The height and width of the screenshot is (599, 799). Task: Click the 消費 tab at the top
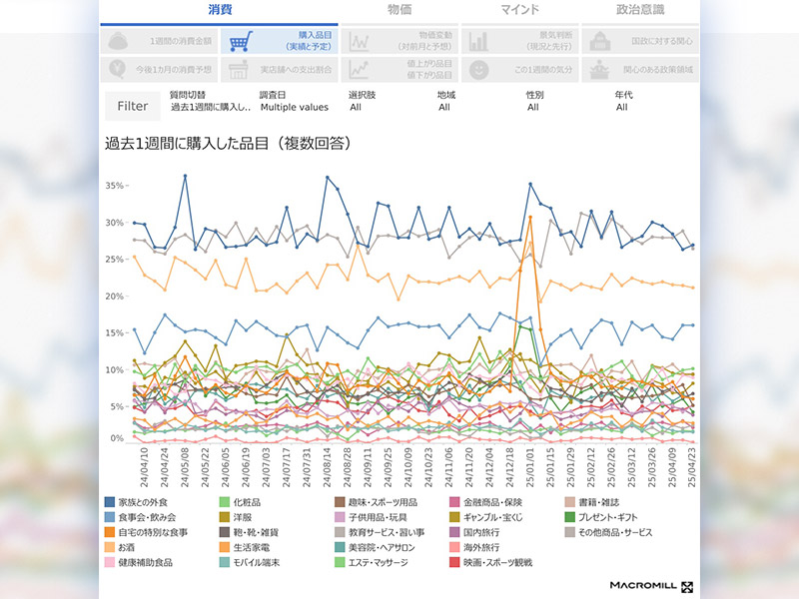pos(220,10)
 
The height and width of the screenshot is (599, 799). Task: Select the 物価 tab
pos(399,10)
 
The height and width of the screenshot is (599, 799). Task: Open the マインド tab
pos(520,10)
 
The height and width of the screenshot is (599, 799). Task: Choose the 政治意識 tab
pos(640,10)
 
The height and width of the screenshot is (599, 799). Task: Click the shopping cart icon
pos(237,42)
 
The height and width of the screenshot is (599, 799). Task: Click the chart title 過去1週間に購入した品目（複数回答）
pos(227,143)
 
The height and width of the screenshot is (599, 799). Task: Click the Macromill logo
pos(651,584)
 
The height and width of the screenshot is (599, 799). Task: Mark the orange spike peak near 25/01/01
pos(530,217)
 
